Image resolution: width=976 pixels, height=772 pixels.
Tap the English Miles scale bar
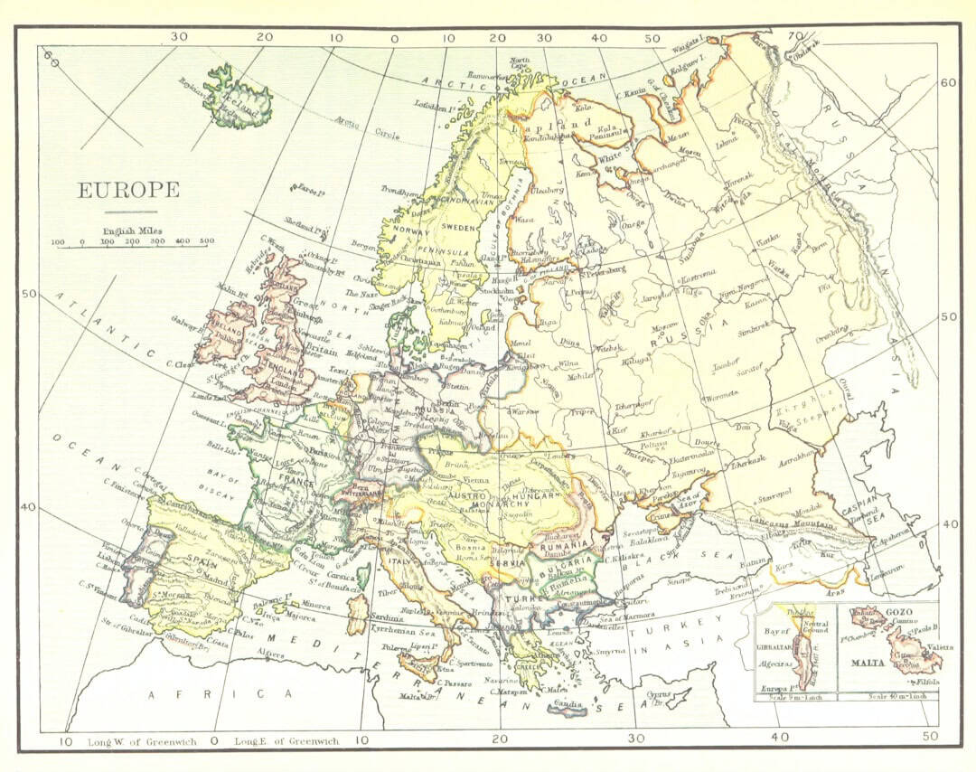pyautogui.click(x=134, y=243)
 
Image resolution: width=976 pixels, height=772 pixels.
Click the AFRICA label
pyautogui.click(x=222, y=693)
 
